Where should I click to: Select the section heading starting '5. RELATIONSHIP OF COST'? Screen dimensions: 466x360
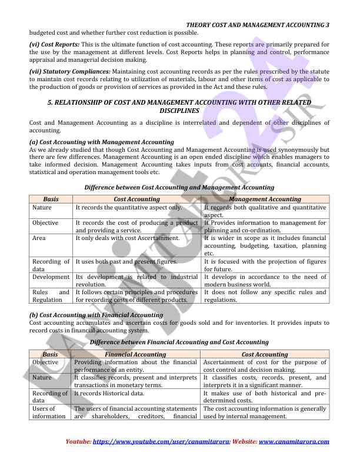tap(179, 106)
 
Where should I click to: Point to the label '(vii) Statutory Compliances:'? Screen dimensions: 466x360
tap(70, 71)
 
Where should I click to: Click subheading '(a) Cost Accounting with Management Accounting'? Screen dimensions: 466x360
tap(101, 142)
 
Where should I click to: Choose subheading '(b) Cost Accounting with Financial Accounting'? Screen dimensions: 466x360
tap(96, 315)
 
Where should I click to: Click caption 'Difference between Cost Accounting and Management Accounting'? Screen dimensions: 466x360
tap(179, 187)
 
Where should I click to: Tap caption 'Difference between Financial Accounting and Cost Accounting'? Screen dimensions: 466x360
tap(179, 342)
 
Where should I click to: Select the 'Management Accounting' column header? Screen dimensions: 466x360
tap(264, 199)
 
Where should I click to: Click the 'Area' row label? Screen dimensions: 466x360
tap(39, 238)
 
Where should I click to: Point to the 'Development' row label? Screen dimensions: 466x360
tap(51, 277)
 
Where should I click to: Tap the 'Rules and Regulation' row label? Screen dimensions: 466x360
tap(51, 295)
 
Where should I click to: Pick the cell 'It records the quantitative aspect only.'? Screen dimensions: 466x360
tap(129, 208)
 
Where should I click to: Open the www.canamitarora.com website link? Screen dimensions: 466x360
tap(294, 441)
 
